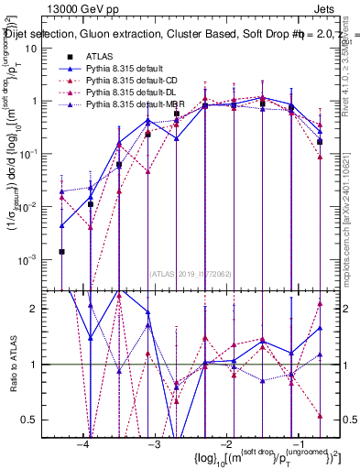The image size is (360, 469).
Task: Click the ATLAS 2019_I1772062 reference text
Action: click(x=191, y=274)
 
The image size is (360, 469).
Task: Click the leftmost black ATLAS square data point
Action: click(x=61, y=251)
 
